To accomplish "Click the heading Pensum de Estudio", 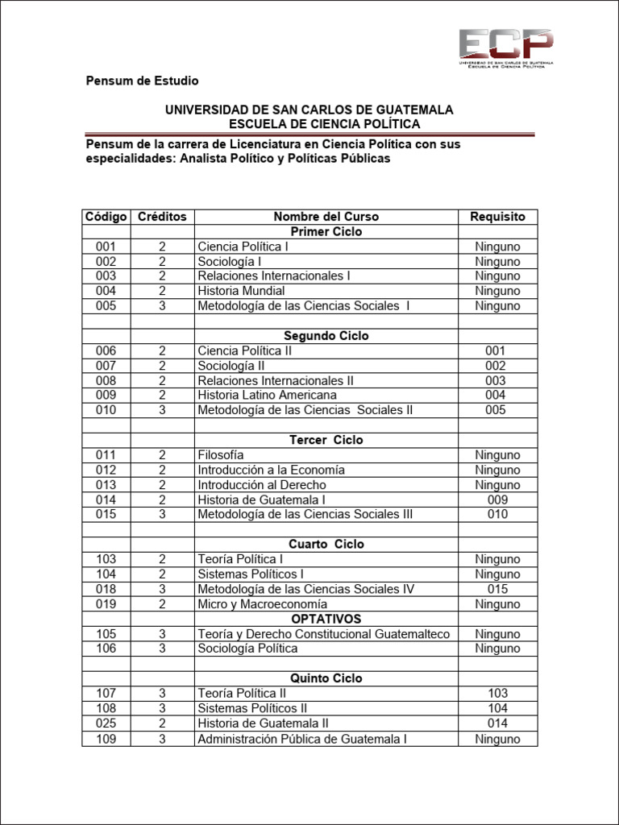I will point(142,81).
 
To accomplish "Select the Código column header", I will point(106,217).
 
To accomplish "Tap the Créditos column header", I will point(162,217).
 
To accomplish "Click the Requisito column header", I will point(497,217).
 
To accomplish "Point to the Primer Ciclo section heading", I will point(326,232).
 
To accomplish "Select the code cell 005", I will point(106,306).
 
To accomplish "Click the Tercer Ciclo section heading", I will point(326,440).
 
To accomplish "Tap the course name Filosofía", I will point(221,455).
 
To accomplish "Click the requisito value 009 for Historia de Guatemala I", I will point(497,500).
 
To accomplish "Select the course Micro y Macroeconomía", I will point(262,604).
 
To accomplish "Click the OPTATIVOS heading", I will point(326,619).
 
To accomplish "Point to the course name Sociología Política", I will point(247,649).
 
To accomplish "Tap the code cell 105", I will point(106,634).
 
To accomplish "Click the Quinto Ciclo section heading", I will point(326,678).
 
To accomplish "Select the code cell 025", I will point(106,723).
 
